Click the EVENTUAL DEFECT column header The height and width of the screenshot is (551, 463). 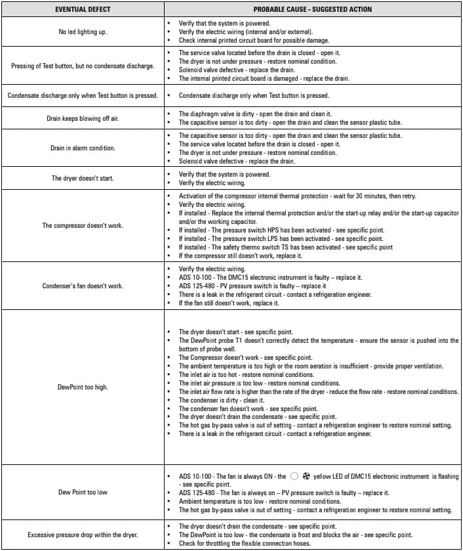click(83, 9)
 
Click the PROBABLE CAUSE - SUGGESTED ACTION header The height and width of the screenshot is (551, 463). click(312, 9)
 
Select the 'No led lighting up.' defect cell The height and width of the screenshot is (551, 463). click(83, 32)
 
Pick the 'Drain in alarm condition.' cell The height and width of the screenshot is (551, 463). click(83, 148)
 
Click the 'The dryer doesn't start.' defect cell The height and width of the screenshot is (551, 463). click(83, 178)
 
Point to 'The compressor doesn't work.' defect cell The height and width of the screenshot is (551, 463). click(83, 225)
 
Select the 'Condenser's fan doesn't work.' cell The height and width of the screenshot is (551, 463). click(83, 286)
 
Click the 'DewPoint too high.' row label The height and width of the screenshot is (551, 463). click(83, 387)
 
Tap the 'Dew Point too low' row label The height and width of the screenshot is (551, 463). click(83, 492)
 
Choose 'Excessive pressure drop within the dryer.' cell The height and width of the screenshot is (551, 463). click(83, 535)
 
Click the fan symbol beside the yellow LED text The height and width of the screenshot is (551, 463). click(306, 476)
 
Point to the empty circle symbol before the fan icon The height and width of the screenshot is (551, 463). click(294, 476)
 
